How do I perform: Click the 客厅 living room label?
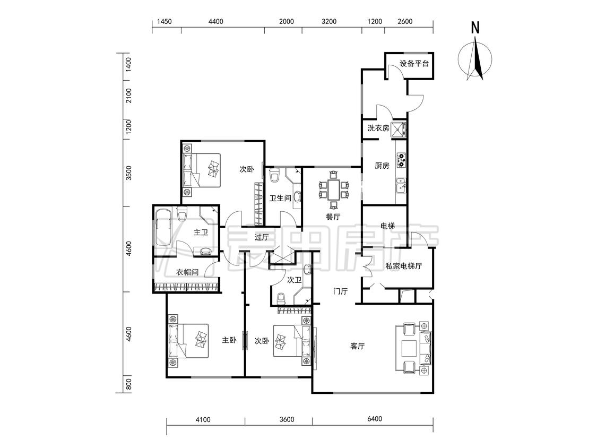coord(357,346)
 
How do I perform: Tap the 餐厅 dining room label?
coord(333,217)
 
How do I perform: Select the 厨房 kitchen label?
coord(382,166)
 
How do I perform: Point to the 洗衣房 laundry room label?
coord(378,128)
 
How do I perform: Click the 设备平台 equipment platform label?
coord(414,64)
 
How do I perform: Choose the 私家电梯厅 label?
coord(404,266)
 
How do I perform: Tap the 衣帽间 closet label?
coord(187,272)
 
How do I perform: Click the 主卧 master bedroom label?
coord(229,340)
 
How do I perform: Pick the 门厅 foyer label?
coord(340,292)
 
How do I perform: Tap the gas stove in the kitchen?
coord(401,160)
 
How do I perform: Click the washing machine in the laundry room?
coord(399,129)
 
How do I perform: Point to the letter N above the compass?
coord(475,28)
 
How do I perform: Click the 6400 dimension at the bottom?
coord(375,419)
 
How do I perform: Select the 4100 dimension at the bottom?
coord(203,419)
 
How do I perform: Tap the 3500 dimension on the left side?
coord(129,173)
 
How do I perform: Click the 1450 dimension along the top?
coord(164,22)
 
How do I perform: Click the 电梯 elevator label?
coord(387,226)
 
